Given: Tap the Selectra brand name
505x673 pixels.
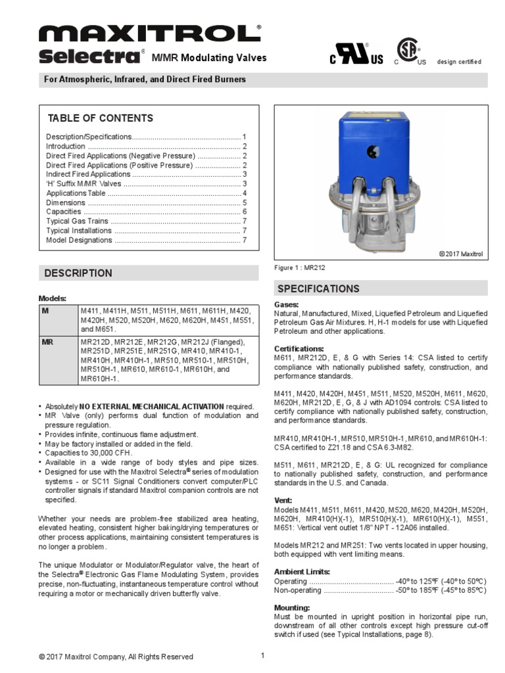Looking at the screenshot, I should click(x=90, y=57).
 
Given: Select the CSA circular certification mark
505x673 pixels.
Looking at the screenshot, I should click(x=409, y=50).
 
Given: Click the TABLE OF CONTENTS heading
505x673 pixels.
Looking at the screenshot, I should click(x=101, y=118).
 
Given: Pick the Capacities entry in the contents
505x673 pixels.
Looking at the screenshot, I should click(x=64, y=212).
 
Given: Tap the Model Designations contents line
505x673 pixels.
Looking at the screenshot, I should click(x=79, y=240).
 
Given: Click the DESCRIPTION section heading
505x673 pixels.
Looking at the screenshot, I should click(x=78, y=273).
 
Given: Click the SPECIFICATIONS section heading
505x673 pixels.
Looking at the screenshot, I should click(x=318, y=289).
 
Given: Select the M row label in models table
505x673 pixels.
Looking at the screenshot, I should click(x=45, y=310).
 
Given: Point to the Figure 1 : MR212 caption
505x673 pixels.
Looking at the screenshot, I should click(x=300, y=268).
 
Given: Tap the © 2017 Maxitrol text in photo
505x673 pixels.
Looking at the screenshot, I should click(x=461, y=254).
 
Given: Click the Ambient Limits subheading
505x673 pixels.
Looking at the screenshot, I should click(x=302, y=571).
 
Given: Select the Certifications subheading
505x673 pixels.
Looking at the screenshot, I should click(x=299, y=348).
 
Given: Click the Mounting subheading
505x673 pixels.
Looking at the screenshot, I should click(x=292, y=608).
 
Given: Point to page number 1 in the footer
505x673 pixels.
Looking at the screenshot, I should click(x=262, y=655).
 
